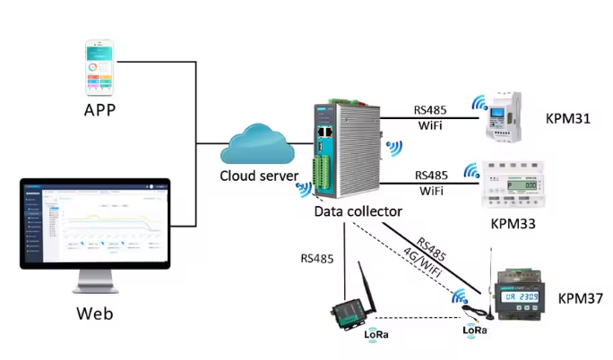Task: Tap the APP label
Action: click(100, 111)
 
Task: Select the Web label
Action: click(95, 314)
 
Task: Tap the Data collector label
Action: click(358, 212)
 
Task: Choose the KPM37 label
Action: click(580, 297)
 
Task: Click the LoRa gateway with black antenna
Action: click(350, 304)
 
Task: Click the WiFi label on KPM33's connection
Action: click(430, 191)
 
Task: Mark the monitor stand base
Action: click(96, 288)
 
